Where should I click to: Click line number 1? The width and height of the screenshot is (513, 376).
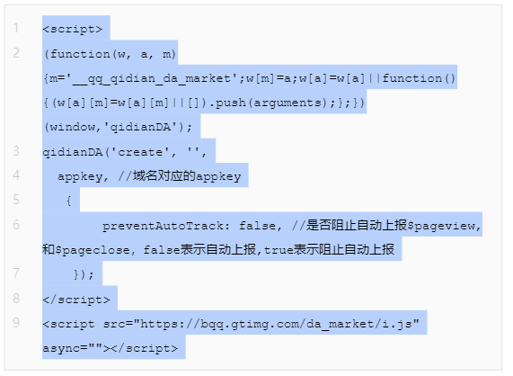15,28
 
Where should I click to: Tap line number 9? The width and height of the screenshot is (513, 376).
16,323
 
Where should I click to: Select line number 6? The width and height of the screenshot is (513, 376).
16,225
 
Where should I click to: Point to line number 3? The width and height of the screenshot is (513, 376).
16,151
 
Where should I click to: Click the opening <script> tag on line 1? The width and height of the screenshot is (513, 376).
73,29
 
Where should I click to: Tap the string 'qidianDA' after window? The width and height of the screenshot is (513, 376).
140,127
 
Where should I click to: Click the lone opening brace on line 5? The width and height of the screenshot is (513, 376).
68,201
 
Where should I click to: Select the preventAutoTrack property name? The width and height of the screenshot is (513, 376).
163,226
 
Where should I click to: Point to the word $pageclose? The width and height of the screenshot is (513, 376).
93,250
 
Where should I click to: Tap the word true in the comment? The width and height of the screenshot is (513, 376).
279,250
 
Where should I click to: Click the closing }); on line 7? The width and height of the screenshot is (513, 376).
84,274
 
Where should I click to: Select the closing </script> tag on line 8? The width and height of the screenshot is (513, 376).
76,300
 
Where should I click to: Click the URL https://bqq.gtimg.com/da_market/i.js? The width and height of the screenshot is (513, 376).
276,324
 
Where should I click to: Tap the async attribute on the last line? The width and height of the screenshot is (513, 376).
61,348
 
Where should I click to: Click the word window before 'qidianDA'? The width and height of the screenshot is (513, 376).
72,127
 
